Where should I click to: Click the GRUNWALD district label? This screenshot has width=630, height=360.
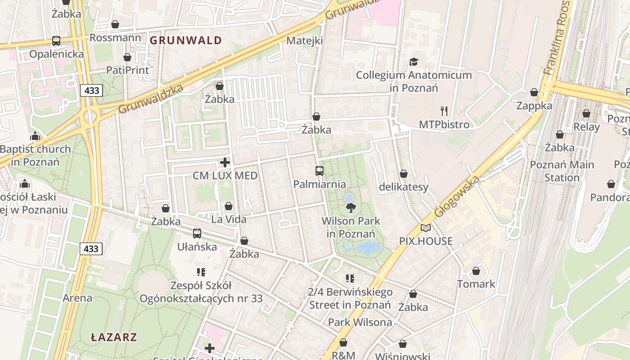click(185, 40)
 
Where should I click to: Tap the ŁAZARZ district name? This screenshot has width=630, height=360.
click(114, 337)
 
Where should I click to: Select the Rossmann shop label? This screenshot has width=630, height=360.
click(115, 37)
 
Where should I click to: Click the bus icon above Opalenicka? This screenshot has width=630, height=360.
click(56, 41)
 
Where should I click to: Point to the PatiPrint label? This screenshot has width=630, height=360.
click(127, 70)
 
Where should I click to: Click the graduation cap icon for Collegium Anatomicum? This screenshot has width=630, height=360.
click(414, 62)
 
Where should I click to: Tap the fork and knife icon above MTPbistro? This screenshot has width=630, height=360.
click(444, 111)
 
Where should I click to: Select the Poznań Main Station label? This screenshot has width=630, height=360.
click(562, 171)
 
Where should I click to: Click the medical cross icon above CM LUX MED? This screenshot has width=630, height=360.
click(225, 162)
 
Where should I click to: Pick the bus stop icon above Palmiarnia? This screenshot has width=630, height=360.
click(319, 171)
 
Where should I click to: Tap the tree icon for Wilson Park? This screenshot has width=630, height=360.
click(351, 208)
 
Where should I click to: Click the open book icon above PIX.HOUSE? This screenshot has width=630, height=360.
click(426, 228)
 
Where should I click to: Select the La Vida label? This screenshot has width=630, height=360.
click(229, 219)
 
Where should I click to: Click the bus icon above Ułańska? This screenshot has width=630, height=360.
click(197, 234)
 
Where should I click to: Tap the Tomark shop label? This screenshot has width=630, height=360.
click(476, 284)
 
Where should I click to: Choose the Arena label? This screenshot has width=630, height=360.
click(77, 298)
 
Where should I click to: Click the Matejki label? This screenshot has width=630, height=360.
click(305, 40)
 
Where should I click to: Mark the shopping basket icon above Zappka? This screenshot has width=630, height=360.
click(534, 93)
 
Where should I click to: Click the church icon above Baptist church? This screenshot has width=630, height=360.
click(35, 136)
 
